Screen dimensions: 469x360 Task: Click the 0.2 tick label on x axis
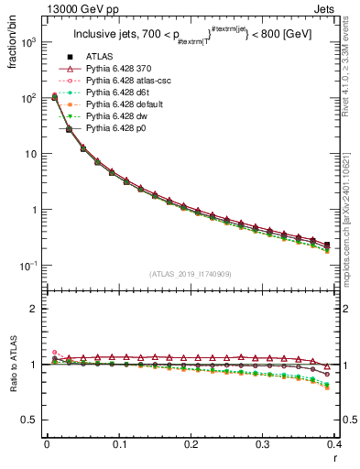coord(191,445)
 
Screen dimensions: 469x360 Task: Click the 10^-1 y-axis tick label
coord(28,265)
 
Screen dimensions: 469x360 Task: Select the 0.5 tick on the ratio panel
coord(30,420)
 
